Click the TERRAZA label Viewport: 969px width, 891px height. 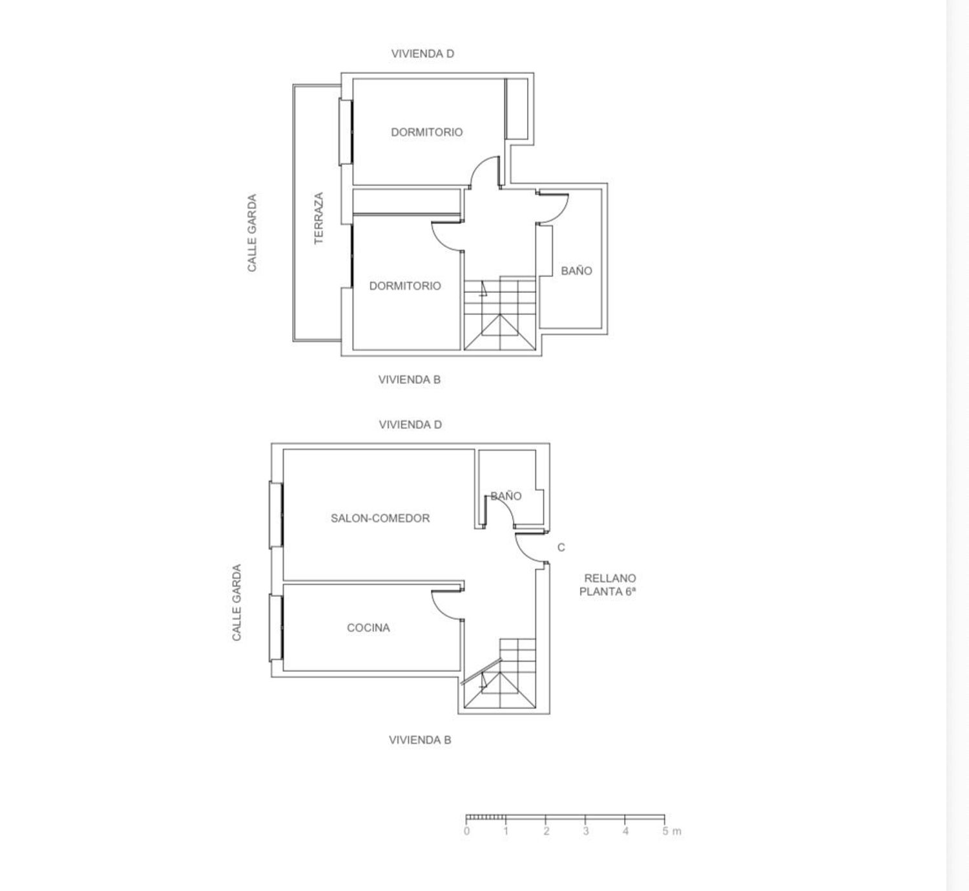(x=318, y=218)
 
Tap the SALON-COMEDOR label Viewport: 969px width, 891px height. (x=380, y=518)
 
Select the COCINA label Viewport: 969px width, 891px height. (x=368, y=627)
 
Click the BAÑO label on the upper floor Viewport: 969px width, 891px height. (x=576, y=270)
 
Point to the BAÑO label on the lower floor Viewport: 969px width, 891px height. (x=506, y=496)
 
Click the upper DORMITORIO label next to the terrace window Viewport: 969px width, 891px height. (x=426, y=132)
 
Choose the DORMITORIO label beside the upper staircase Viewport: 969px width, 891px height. (x=405, y=286)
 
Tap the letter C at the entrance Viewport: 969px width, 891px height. (x=561, y=547)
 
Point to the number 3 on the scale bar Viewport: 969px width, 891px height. (x=585, y=831)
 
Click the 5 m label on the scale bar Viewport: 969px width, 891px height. (x=671, y=831)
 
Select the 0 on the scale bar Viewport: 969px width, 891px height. (x=466, y=831)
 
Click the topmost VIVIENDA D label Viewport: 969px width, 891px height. (x=422, y=54)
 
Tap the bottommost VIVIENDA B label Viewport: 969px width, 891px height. (x=420, y=740)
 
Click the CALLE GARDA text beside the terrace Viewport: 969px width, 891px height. (x=252, y=233)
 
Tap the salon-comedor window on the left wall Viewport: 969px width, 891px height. (x=276, y=515)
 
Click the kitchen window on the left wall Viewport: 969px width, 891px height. (x=276, y=627)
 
